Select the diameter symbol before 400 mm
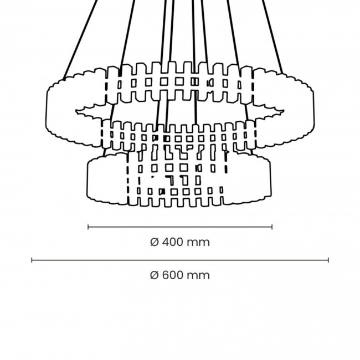[x=155, y=242]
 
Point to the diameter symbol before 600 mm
[x=155, y=275]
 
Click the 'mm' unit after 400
[x=198, y=242]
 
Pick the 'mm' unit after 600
[x=198, y=275]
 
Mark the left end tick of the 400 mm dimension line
[x=89, y=227]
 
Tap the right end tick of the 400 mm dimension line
[x=272, y=227]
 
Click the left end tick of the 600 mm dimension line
[x=32, y=260]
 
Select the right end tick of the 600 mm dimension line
[x=328, y=260]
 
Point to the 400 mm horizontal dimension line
[x=180, y=227]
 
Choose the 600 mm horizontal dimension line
[x=180, y=260]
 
